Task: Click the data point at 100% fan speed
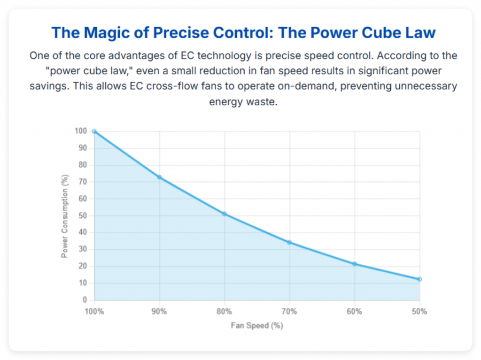click(94, 131)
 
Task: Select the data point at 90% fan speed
click(159, 177)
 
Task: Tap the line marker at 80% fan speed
click(225, 214)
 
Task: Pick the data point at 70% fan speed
click(289, 242)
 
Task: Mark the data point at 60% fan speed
click(355, 264)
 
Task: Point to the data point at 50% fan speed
click(419, 279)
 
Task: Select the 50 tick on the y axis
click(83, 216)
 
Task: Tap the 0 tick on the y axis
click(85, 300)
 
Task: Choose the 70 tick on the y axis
click(83, 182)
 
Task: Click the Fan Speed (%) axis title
click(257, 325)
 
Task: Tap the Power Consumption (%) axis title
click(65, 215)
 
